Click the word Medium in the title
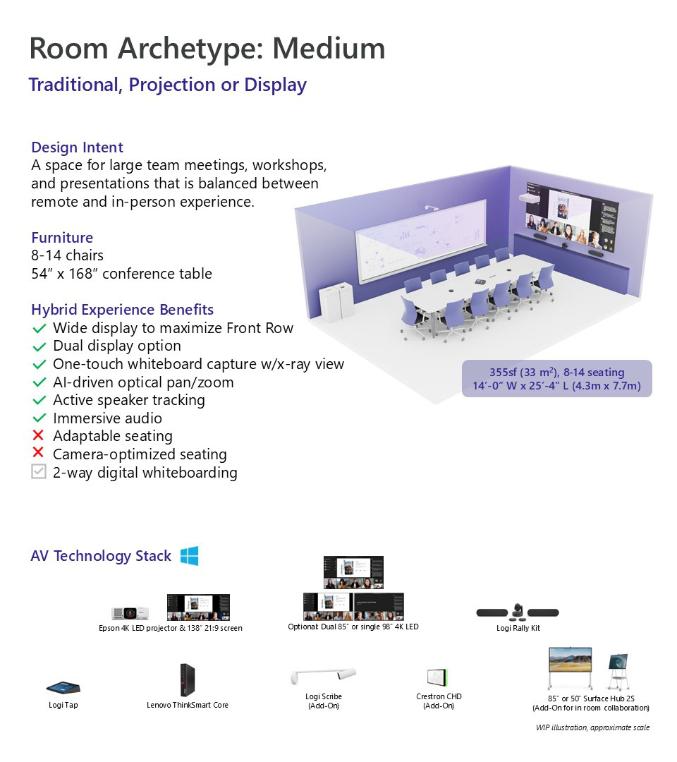(329, 48)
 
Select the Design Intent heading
(77, 147)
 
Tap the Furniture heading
(62, 238)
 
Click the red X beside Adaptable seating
(38, 435)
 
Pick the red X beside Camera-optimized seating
(38, 453)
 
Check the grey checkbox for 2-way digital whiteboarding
(38, 471)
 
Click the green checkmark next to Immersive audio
(39, 418)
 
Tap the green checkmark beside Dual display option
(39, 347)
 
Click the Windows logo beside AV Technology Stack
(190, 556)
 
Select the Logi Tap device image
(63, 688)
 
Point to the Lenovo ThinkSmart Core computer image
(187, 679)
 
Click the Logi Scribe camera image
(324, 675)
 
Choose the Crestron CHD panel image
(437, 677)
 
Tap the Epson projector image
(130, 613)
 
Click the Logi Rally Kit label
(518, 628)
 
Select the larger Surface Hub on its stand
(570, 667)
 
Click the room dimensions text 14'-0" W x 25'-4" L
(557, 386)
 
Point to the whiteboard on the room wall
(420, 241)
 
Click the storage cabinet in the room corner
(336, 302)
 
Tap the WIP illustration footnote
(592, 727)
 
